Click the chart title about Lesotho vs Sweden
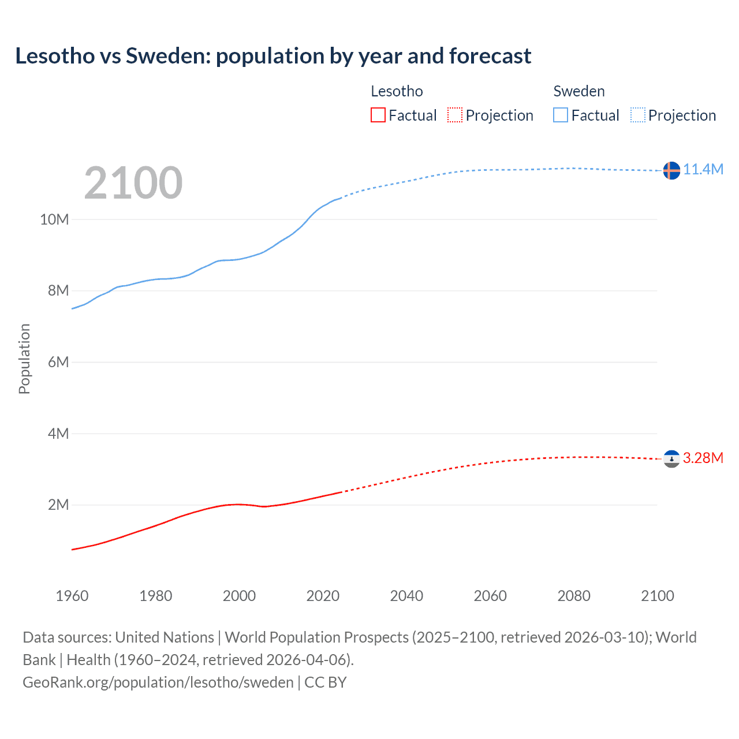point(273,56)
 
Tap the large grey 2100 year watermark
point(133,183)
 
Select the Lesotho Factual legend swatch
point(378,115)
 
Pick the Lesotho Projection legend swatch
point(455,115)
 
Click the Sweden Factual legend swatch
point(561,115)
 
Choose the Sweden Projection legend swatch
point(638,115)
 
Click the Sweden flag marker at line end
point(671,170)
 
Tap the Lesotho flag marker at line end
point(671,459)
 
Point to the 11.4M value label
point(703,169)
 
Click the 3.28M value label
point(703,458)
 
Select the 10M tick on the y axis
point(54,219)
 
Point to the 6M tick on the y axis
point(58,362)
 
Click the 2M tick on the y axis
point(58,505)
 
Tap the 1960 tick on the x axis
point(72,596)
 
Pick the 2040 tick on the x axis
point(406,596)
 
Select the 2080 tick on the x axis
point(574,596)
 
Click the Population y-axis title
point(24,359)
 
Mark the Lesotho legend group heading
point(397,91)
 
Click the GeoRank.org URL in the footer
point(158,682)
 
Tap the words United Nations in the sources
point(165,637)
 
